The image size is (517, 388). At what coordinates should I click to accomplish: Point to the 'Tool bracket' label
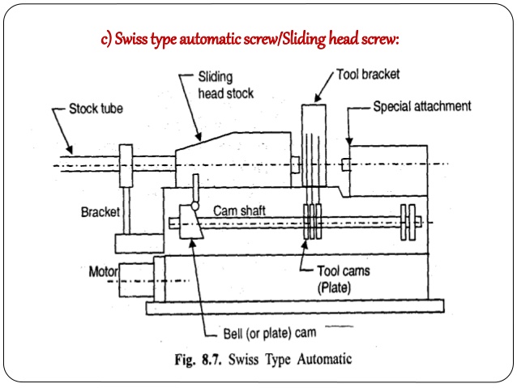369,74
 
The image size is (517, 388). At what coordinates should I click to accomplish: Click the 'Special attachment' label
434,106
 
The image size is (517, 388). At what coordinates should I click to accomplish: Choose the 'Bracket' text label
100,212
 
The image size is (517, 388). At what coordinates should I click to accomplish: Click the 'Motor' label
104,271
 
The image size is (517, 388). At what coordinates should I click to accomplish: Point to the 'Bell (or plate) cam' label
270,331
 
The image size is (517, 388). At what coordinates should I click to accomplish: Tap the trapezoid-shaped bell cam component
190,232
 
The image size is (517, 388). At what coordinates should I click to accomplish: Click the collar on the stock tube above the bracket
126,162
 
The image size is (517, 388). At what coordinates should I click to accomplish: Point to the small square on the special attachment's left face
345,165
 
